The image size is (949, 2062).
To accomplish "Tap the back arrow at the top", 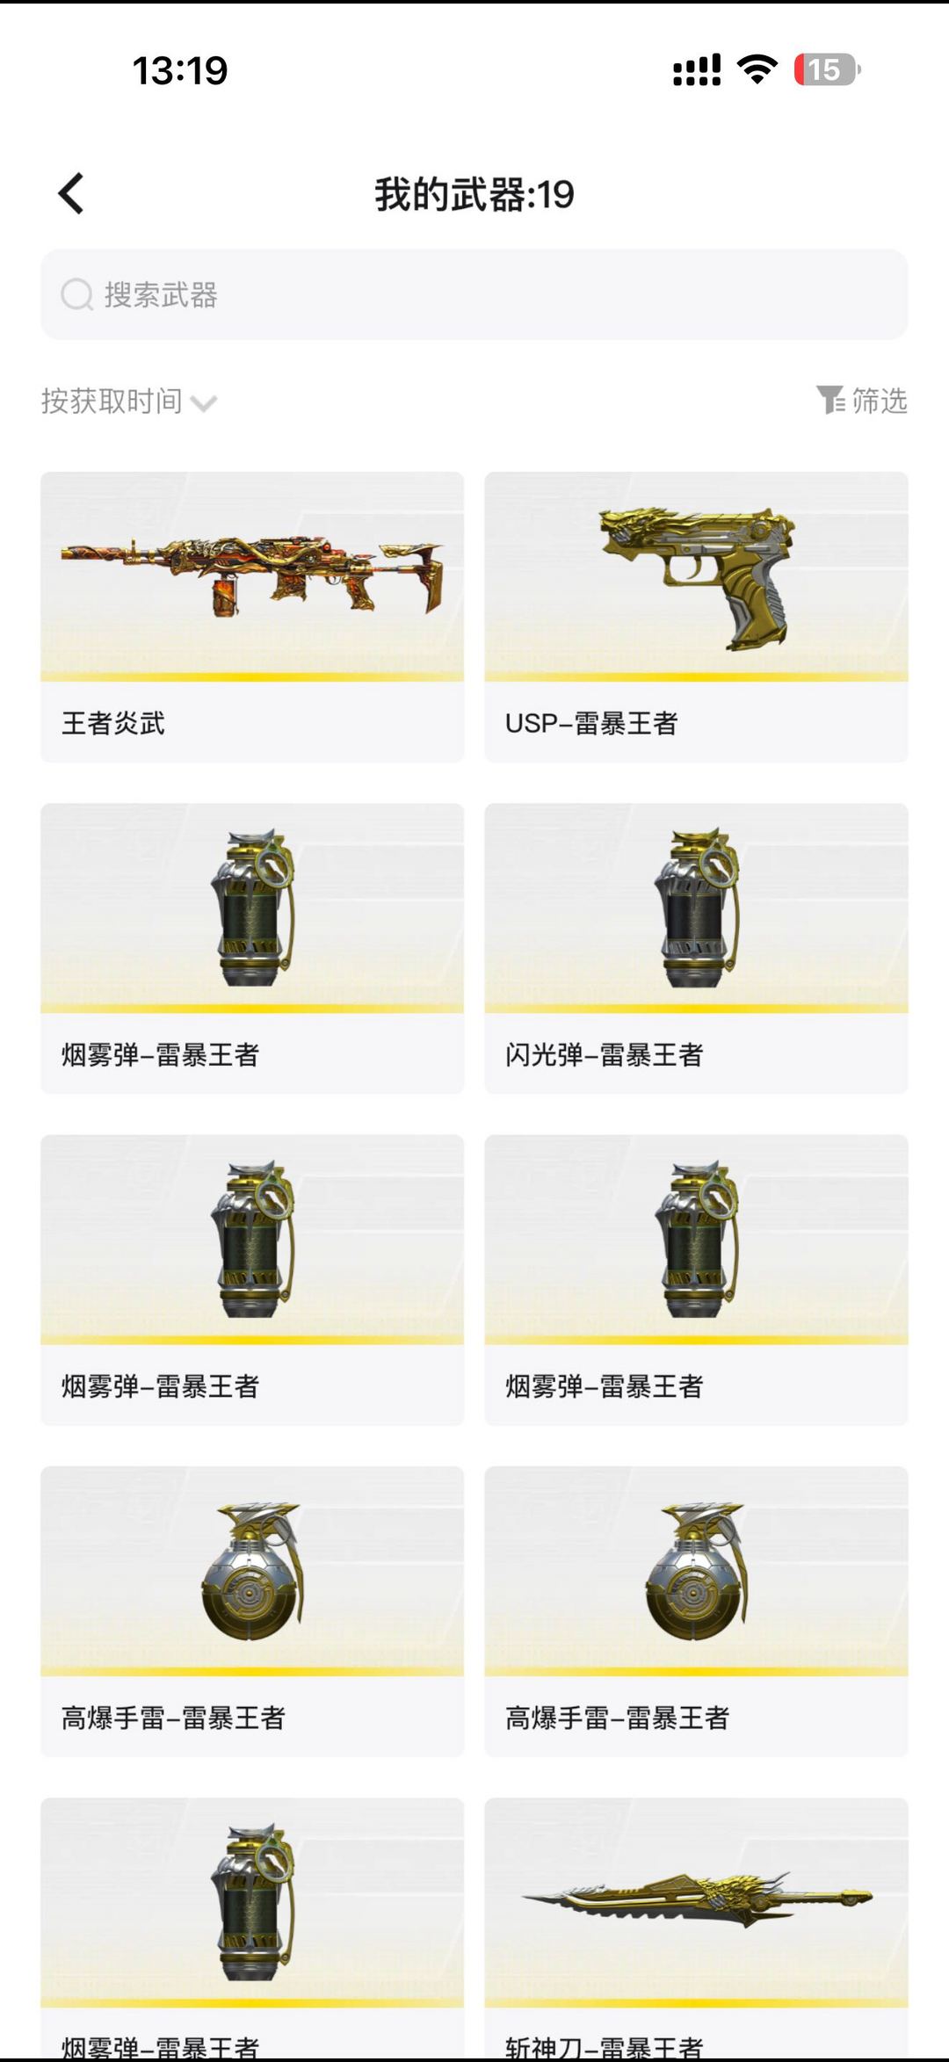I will point(71,193).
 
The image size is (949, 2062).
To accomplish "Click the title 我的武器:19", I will point(474,194).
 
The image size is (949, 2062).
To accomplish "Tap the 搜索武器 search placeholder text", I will point(161,295).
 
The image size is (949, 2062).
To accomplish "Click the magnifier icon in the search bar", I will point(76,295).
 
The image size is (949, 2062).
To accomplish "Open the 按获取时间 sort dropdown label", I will point(112,402).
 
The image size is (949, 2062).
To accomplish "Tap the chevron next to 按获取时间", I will point(204,404).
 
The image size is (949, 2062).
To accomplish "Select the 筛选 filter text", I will point(880,401).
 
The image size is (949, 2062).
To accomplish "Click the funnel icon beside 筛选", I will point(829,400).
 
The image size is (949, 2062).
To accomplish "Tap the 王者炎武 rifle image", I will point(252,575).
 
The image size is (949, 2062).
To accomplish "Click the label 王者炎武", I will point(113,723).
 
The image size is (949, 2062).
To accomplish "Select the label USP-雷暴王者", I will point(591,723).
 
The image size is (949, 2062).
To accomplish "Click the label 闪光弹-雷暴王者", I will point(605,1054).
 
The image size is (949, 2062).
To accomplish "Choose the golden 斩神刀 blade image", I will point(697,1899).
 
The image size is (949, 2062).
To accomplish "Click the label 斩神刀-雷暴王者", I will point(605,2047).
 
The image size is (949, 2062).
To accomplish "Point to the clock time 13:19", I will point(180,70).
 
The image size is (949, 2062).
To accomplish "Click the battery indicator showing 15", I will point(826,69).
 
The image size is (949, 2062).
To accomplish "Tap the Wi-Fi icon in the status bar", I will point(757,69).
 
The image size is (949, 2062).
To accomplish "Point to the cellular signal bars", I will point(697,70).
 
